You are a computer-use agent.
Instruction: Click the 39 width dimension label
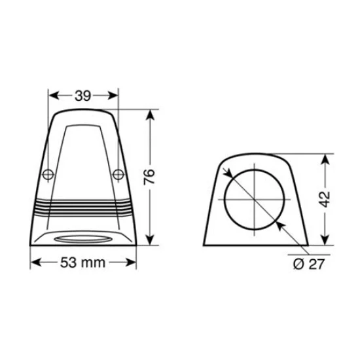pyautogui.click(x=83, y=96)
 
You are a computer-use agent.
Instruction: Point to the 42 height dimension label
pyautogui.click(x=326, y=198)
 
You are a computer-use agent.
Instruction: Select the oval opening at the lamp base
pyautogui.click(x=83, y=236)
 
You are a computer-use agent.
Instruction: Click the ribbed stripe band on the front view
pyautogui.click(x=83, y=207)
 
